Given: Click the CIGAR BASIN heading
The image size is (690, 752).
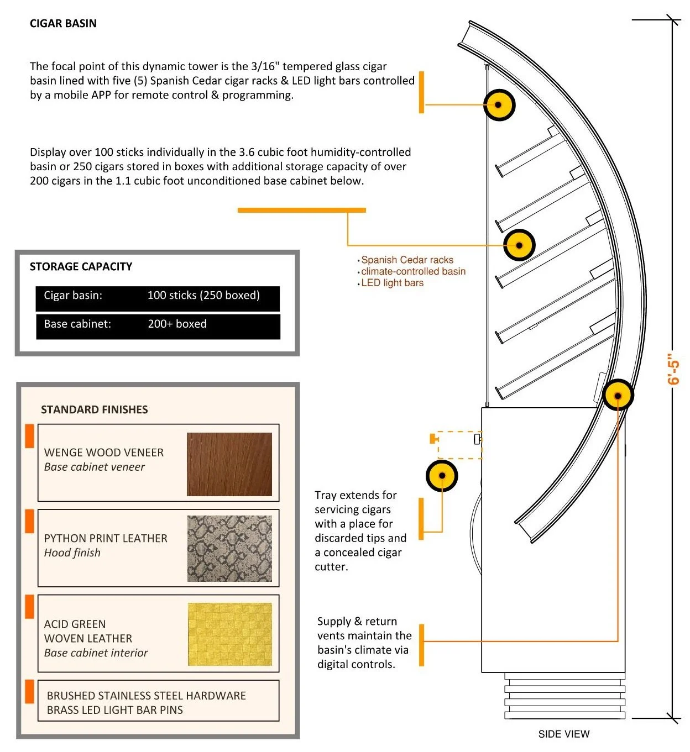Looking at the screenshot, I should (x=63, y=23).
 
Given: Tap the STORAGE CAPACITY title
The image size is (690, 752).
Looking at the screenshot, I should (x=81, y=266).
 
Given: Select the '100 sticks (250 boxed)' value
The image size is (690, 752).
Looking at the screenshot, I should (x=203, y=295).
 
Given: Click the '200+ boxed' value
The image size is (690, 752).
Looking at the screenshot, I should (x=177, y=324).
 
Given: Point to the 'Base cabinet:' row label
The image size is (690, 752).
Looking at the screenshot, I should (x=77, y=324).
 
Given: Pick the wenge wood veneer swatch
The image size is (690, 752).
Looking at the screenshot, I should (x=229, y=464).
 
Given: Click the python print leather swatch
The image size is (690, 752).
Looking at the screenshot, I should (x=229, y=549).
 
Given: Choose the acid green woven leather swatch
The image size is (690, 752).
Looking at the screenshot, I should (x=230, y=634).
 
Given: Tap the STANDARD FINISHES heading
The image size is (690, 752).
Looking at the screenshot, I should (x=95, y=409).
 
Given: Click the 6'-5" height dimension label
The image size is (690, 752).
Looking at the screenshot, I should (x=672, y=369).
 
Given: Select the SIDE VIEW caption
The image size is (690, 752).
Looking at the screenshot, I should (x=563, y=734).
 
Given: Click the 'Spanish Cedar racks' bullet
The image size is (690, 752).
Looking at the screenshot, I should (x=407, y=260).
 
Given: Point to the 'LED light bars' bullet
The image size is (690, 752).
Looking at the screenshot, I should (x=392, y=283).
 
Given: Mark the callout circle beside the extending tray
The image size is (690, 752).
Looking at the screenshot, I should (x=442, y=476).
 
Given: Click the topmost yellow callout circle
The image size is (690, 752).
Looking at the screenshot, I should (x=499, y=104).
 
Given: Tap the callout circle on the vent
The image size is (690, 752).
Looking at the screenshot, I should (x=618, y=395).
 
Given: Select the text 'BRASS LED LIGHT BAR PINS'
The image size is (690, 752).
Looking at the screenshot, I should (x=114, y=710).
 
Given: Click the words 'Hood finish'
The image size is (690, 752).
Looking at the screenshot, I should (x=72, y=553).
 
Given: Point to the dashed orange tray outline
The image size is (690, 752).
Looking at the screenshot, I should (x=459, y=445).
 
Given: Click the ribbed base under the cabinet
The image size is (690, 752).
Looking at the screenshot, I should (x=564, y=696).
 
